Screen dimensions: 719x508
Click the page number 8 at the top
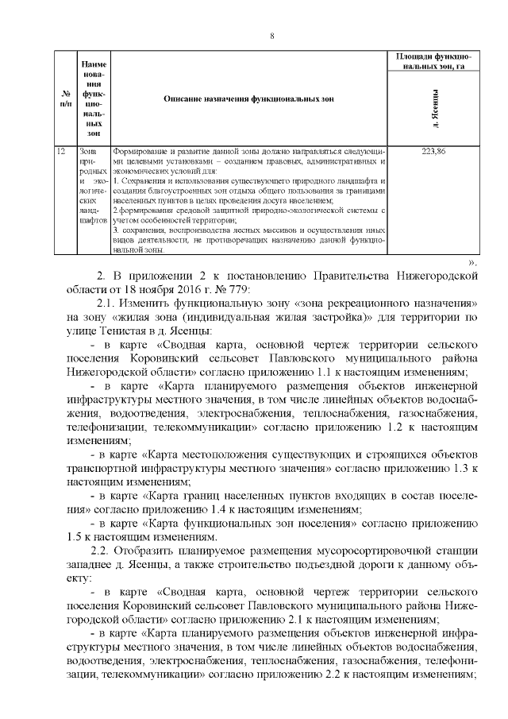tap(271, 36)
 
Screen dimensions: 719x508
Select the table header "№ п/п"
tap(66, 99)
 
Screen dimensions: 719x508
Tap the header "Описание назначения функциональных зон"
tap(249, 99)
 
